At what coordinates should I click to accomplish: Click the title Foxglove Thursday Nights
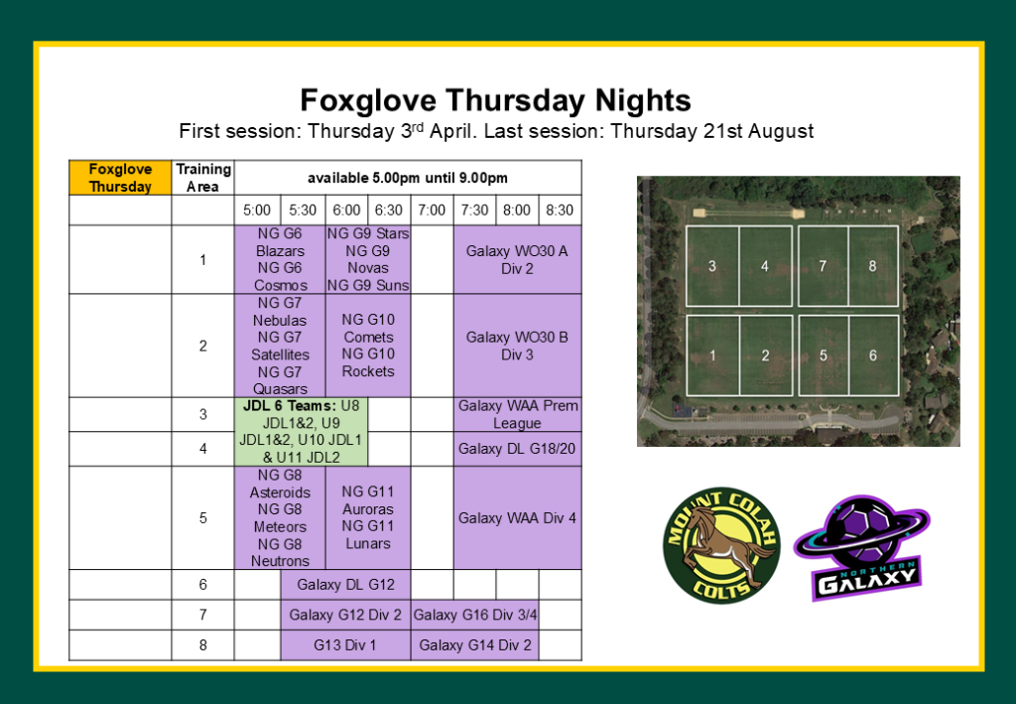(496, 100)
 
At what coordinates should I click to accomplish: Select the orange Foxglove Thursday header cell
(120, 178)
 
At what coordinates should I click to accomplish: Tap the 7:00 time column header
(432, 211)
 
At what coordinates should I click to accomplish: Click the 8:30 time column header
(560, 211)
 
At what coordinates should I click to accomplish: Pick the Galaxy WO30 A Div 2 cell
(517, 259)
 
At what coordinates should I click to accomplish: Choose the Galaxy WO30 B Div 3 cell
(517, 346)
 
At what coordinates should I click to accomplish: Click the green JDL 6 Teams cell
(302, 431)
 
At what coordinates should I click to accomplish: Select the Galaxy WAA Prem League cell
(517, 414)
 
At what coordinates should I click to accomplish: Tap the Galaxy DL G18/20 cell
(517, 449)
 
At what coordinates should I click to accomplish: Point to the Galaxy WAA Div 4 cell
(517, 518)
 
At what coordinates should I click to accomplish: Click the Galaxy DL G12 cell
(345, 585)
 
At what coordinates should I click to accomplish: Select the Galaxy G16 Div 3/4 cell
(475, 615)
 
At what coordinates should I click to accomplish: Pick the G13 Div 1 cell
(345, 645)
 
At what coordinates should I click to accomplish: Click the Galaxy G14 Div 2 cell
(475, 645)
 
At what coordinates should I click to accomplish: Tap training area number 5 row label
(202, 518)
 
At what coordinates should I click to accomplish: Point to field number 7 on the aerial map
(823, 266)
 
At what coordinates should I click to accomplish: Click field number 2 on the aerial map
(765, 355)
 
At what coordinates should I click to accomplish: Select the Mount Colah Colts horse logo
(722, 545)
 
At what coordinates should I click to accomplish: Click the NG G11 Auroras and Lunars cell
(368, 518)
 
